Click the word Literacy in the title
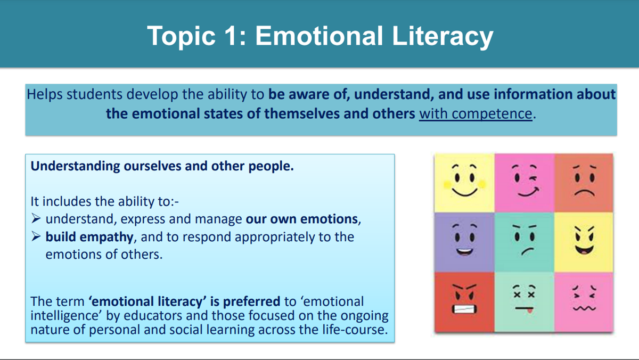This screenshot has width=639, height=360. [x=443, y=36]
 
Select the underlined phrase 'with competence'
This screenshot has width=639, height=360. [x=476, y=113]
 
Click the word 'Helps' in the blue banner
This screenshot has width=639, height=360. [x=44, y=94]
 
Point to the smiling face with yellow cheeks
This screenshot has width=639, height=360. [x=464, y=181]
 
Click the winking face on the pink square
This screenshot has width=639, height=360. [x=525, y=181]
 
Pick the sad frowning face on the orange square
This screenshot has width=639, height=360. [x=584, y=181]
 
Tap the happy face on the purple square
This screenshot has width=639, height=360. [x=464, y=240]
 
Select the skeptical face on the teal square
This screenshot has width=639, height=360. [x=525, y=240]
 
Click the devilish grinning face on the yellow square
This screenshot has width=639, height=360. [x=584, y=240]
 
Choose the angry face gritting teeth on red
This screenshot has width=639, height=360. [x=464, y=299]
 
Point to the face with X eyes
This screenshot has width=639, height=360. [x=525, y=298]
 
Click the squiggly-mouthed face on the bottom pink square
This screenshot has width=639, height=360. [x=584, y=298]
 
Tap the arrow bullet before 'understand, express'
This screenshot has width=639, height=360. [x=36, y=218]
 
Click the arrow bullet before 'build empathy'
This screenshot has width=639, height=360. [x=36, y=236]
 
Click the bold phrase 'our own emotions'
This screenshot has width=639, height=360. [x=301, y=219]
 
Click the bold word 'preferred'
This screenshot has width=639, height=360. [x=251, y=302]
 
